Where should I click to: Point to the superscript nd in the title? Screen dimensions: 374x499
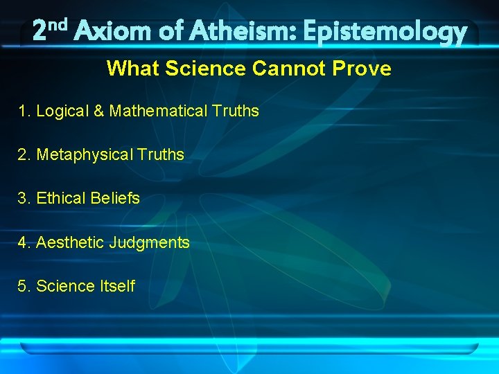coord(58,25)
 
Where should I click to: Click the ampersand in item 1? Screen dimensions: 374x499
coord(98,111)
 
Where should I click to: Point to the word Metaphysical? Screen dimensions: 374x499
coord(84,154)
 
